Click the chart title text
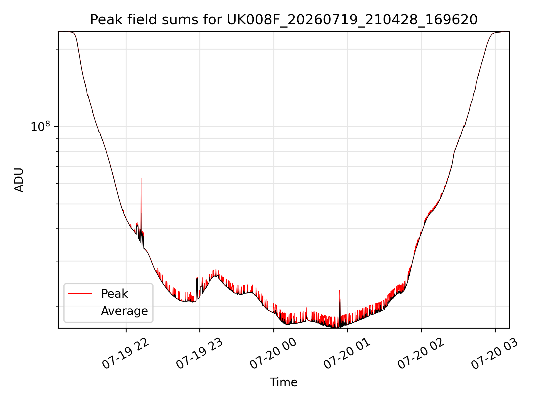(284, 20)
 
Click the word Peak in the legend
(114, 294)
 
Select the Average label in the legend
(124, 311)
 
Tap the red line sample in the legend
(80, 294)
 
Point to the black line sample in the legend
(80, 311)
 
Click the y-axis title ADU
(19, 180)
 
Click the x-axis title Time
(283, 382)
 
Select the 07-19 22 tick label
(126, 354)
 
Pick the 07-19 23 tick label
(199, 354)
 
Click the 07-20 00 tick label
(273, 354)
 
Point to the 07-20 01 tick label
(347, 354)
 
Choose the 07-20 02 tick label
(421, 354)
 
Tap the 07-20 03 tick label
(495, 354)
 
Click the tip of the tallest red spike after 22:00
(141, 178)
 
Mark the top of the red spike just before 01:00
(340, 290)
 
